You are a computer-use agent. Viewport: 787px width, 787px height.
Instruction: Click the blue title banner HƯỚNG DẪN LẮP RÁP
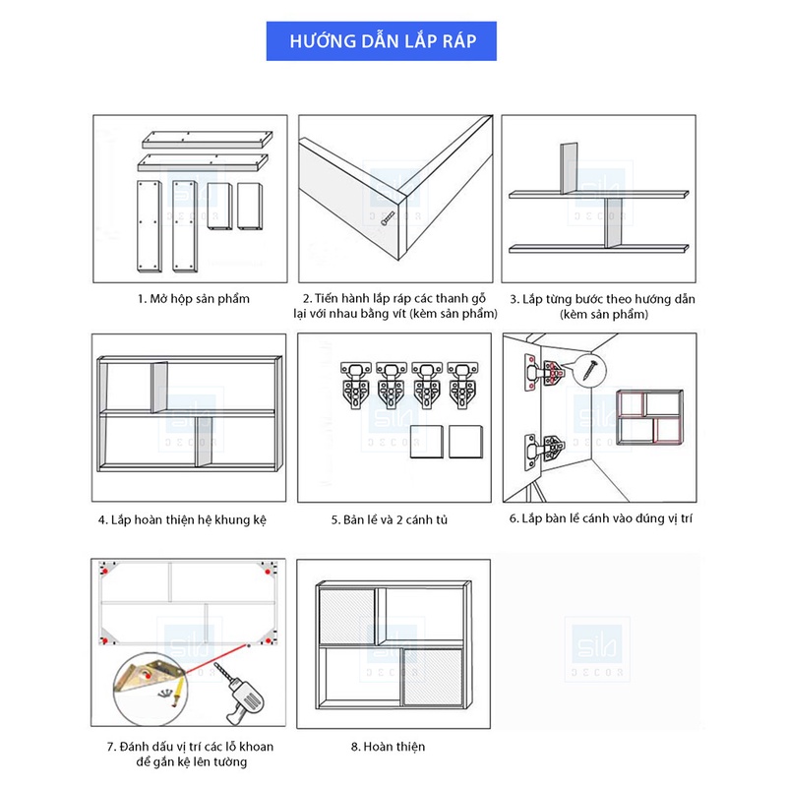click(x=383, y=43)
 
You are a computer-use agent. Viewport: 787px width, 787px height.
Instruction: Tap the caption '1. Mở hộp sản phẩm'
click(x=194, y=298)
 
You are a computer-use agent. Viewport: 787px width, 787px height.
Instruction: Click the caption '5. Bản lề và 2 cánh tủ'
click(x=389, y=518)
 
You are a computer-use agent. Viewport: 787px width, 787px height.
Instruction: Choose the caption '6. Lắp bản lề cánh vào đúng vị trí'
click(x=600, y=517)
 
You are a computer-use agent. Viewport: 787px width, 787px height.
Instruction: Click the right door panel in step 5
click(x=467, y=443)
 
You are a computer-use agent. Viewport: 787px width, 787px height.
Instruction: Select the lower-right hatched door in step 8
click(x=432, y=676)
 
